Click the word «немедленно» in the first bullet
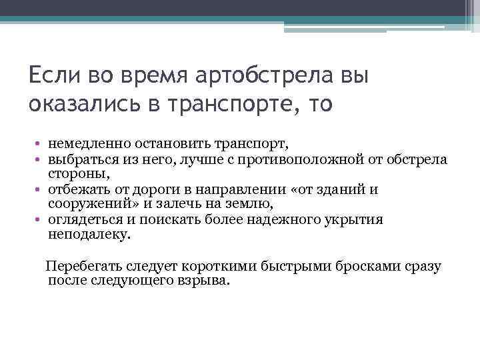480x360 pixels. point(85,143)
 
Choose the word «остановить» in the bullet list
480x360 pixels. point(163,143)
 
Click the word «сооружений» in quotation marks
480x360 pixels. point(87,203)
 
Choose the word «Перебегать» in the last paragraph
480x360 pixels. point(81,267)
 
